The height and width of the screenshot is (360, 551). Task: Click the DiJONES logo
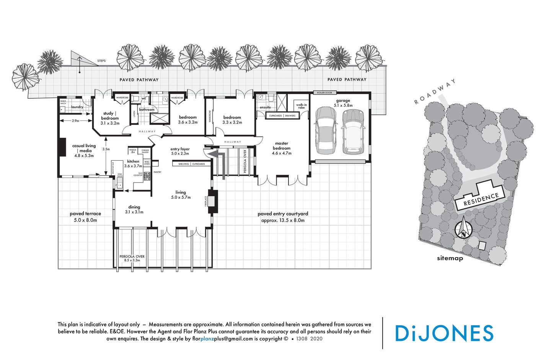pyautogui.click(x=444, y=333)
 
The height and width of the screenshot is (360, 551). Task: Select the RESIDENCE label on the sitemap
pyautogui.click(x=481, y=199)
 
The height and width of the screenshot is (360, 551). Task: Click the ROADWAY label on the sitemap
pyautogui.click(x=435, y=92)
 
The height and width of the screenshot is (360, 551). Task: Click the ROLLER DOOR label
pyautogui.click(x=325, y=93)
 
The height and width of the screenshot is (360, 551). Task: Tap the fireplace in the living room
pyautogui.click(x=212, y=201)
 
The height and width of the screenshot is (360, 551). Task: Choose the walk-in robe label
pyautogui.click(x=301, y=106)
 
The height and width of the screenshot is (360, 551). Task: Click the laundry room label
pyautogui.click(x=77, y=107)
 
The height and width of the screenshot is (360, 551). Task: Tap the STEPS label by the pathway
pyautogui.click(x=101, y=61)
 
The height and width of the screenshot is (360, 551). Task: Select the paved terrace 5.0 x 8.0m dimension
pyautogui.click(x=85, y=220)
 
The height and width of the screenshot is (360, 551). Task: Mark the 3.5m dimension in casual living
pyautogui.click(x=106, y=149)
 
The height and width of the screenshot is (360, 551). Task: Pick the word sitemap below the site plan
pyautogui.click(x=450, y=258)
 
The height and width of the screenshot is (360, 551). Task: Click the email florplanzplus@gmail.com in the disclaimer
pyautogui.click(x=223, y=339)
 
